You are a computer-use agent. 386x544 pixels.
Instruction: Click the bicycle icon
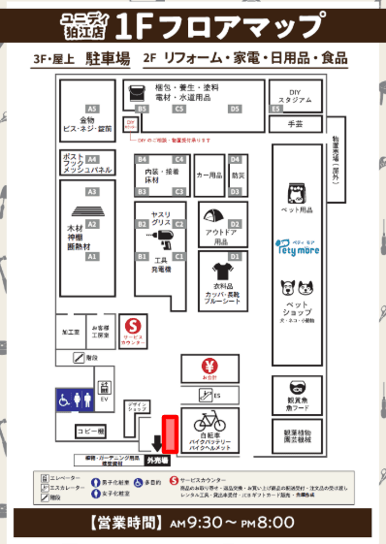pyautogui.click(x=210, y=423)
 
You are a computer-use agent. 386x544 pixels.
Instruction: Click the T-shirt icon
pyautogui.click(x=219, y=268)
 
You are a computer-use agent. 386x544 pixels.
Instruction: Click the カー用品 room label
pyautogui.click(x=209, y=176)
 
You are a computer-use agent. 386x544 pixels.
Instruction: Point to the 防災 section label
pyautogui.click(x=239, y=176)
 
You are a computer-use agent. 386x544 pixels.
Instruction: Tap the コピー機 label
pyautogui.click(x=89, y=431)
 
